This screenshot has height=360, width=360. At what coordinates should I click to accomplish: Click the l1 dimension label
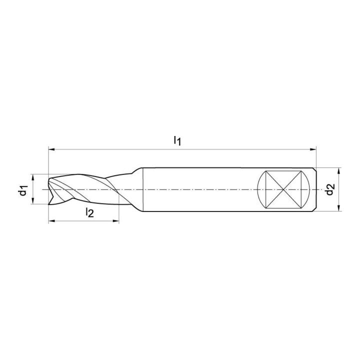click(177, 140)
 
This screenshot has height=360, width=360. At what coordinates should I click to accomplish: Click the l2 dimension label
click(90, 212)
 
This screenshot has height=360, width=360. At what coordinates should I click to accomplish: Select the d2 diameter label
click(330, 189)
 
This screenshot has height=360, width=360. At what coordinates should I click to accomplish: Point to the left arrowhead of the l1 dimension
click(51, 149)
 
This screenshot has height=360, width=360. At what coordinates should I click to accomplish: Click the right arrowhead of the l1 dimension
click(313, 149)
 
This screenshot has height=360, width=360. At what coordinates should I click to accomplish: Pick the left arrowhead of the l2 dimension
click(51, 221)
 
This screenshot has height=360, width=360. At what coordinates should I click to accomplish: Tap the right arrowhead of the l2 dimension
click(116, 221)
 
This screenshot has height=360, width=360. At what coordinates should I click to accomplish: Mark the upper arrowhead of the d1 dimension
click(33, 177)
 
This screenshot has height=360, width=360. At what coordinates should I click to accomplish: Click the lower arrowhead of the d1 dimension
click(33, 200)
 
